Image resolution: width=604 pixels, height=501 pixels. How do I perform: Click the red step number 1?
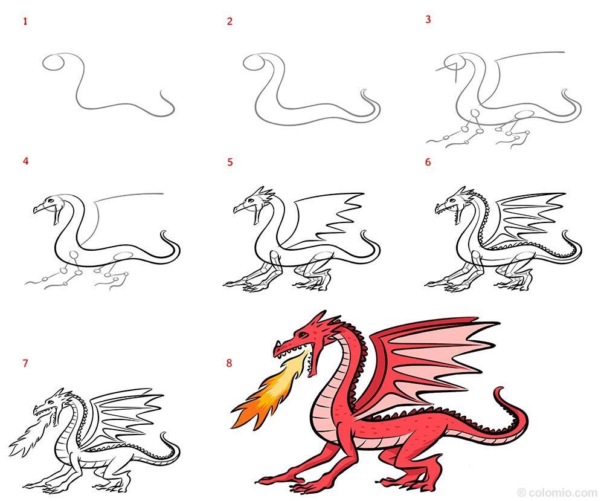coord(25,22)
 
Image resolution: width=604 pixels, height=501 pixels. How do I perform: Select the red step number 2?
coord(230,22)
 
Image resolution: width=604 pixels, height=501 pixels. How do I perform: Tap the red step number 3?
coord(428,19)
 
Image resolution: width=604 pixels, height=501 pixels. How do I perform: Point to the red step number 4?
coord(25,161)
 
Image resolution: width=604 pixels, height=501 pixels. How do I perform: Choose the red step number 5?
coord(230,162)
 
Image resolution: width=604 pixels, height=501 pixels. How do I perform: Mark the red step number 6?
coord(428,162)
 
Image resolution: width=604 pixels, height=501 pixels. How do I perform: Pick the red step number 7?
coord(25,363)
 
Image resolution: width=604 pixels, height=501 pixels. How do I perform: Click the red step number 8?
coord(230,363)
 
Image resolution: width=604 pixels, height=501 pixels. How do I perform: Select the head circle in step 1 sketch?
coord(53,63)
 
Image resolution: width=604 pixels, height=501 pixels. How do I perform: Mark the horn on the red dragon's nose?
coord(277,347)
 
